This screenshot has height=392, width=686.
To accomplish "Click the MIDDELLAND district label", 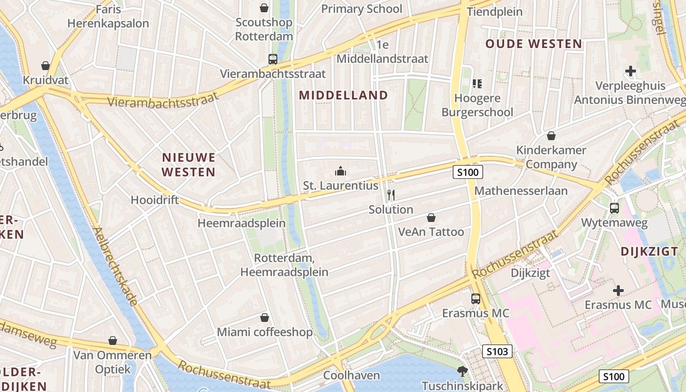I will [343, 95].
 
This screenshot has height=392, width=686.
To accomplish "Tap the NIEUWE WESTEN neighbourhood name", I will [189, 165].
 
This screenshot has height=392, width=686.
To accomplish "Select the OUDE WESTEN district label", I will [534, 44].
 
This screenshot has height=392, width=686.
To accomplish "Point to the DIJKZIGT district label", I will [652, 251].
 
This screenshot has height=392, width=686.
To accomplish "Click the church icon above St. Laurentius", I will [341, 171].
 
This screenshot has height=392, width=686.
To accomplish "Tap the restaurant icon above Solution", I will [391, 195].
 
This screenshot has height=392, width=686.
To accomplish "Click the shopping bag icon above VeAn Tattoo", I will [431, 217].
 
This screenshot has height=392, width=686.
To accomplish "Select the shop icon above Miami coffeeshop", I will [265, 318].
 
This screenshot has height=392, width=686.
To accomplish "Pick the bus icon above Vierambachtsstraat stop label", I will [273, 59].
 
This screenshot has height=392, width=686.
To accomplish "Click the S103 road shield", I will [498, 351].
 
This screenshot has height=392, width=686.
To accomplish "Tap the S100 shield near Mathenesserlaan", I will [467, 172].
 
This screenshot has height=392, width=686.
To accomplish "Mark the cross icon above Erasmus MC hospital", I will [618, 291].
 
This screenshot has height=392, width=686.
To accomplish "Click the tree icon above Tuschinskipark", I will [462, 371].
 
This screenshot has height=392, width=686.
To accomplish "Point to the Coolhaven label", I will [352, 375].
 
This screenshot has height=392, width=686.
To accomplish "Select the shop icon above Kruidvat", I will [46, 66].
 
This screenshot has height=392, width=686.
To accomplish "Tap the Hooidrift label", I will [155, 200].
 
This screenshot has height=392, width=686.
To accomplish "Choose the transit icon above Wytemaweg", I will [614, 208].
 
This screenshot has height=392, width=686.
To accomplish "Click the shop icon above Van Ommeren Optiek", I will [113, 340].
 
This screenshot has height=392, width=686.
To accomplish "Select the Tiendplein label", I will [495, 12].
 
